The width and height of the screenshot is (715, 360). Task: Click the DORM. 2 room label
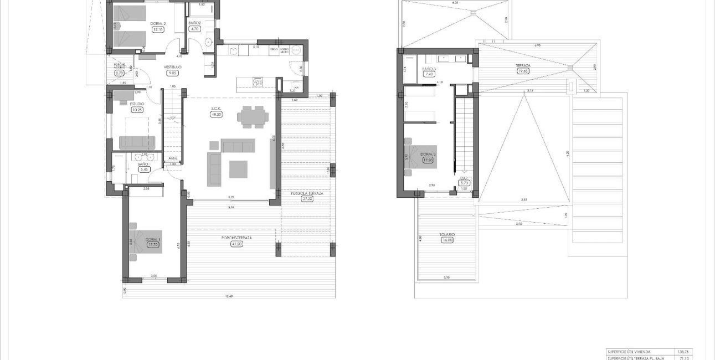pyautogui.click(x=158, y=23)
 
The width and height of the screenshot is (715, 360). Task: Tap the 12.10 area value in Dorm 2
pyautogui.click(x=158, y=30)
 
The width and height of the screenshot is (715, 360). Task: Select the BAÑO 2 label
pyautogui.click(x=194, y=23)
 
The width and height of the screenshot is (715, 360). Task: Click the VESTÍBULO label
pyautogui.click(x=173, y=67)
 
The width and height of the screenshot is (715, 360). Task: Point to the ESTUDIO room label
pyautogui.click(x=137, y=104)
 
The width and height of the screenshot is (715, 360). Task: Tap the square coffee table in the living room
pyautogui.click(x=238, y=169)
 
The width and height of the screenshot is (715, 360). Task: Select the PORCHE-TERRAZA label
pyautogui.click(x=236, y=238)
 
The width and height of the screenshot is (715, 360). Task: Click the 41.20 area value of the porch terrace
pyautogui.click(x=236, y=244)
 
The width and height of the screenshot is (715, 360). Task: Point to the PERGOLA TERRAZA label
pyautogui.click(x=307, y=193)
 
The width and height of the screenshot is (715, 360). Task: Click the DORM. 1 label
pyautogui.click(x=152, y=240)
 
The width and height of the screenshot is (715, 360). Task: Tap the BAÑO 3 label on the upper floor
pyautogui.click(x=428, y=69)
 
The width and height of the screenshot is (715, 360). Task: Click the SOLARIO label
pyautogui.click(x=447, y=235)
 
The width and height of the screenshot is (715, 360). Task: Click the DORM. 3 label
pyautogui.click(x=426, y=154)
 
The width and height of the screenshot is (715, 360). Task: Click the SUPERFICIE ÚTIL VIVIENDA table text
pyautogui.click(x=630, y=351)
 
